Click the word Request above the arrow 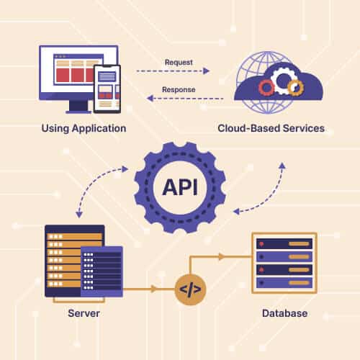pyautogui.click(x=179, y=63)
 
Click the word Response pyautogui.click(x=179, y=89)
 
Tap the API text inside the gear pyautogui.click(x=180, y=187)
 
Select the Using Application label pyautogui.click(x=84, y=128)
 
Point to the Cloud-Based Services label pyautogui.click(x=271, y=128)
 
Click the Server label pyautogui.click(x=84, y=313)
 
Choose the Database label pyautogui.click(x=284, y=313)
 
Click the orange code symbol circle pyautogui.click(x=190, y=289)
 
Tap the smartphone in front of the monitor pyautogui.click(x=107, y=89)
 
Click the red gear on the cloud pyautogui.click(x=266, y=88)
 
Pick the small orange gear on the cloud pyautogui.click(x=296, y=88)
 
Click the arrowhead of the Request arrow pyautogui.click(x=206, y=71)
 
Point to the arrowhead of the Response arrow pyautogui.click(x=150, y=98)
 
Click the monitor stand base pyautogui.click(x=79, y=112)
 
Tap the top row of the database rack pyautogui.click(x=284, y=244)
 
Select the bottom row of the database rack pyautogui.click(x=284, y=283)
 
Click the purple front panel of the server pyautogui.click(x=102, y=271)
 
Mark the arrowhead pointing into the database pyautogui.click(x=221, y=256)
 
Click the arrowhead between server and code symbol pyautogui.click(x=153, y=289)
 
